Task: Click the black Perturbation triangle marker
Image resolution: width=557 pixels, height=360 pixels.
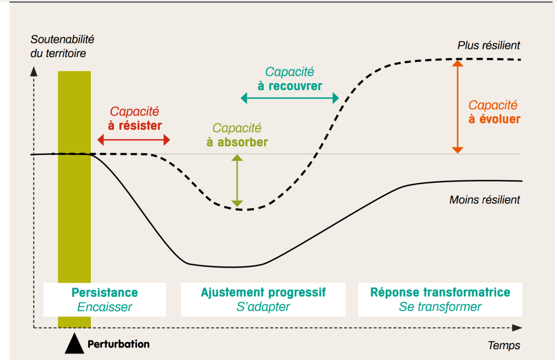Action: (x=75, y=344)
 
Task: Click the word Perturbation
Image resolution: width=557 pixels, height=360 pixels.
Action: (x=118, y=344)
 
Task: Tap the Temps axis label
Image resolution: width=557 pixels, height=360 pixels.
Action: (x=504, y=345)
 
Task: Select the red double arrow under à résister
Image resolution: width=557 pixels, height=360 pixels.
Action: (x=134, y=140)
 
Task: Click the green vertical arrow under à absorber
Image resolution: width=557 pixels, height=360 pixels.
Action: (x=237, y=181)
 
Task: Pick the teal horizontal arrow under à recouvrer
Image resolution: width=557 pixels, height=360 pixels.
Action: (x=289, y=98)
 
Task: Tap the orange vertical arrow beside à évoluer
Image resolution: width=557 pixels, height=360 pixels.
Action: (x=458, y=107)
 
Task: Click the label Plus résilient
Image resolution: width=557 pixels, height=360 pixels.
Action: (x=488, y=46)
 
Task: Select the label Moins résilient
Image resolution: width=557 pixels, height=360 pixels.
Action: (x=485, y=200)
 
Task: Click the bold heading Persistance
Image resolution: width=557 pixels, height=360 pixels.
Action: (x=104, y=293)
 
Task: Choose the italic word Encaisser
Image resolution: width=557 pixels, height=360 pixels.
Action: (x=104, y=307)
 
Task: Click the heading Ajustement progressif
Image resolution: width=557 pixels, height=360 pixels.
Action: (x=263, y=293)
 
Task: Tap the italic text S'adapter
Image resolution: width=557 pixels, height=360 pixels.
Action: (x=263, y=307)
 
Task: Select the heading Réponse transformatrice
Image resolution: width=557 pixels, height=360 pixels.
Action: (x=440, y=293)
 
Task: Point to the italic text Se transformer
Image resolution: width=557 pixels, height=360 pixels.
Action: (x=440, y=307)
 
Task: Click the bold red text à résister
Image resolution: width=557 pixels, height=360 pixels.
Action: (x=134, y=126)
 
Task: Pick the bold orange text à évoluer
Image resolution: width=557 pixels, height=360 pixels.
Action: (x=494, y=119)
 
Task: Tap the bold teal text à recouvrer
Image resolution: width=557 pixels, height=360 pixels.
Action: (x=289, y=86)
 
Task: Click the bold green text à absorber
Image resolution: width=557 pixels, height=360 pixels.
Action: (x=237, y=142)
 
